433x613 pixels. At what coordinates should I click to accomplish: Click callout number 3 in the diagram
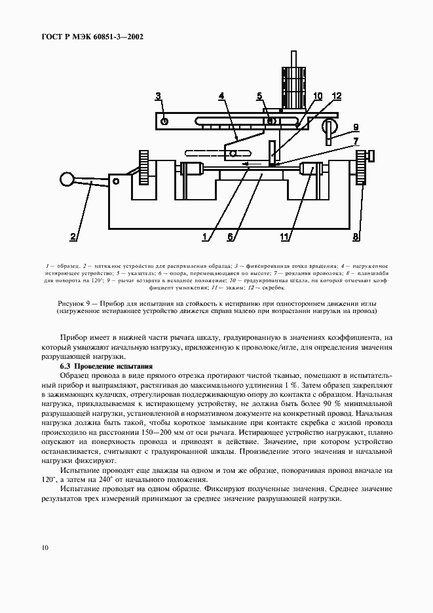tap(159, 97)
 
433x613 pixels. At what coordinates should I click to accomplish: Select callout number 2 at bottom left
tap(73, 237)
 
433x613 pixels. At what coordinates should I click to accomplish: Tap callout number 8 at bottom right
tap(356, 237)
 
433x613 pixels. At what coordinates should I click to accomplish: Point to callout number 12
tap(336, 97)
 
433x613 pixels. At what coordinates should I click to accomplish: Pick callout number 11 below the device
tap(285, 237)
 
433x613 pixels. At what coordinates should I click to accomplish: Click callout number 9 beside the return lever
tap(356, 127)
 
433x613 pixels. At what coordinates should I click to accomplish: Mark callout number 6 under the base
tap(231, 237)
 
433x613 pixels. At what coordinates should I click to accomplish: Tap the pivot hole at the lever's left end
tap(164, 121)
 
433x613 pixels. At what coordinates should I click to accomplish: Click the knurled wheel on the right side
tap(361, 168)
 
